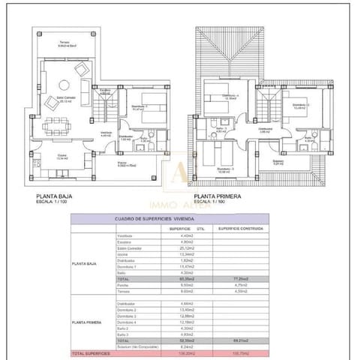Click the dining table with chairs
(56, 124)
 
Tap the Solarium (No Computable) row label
(139, 346)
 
